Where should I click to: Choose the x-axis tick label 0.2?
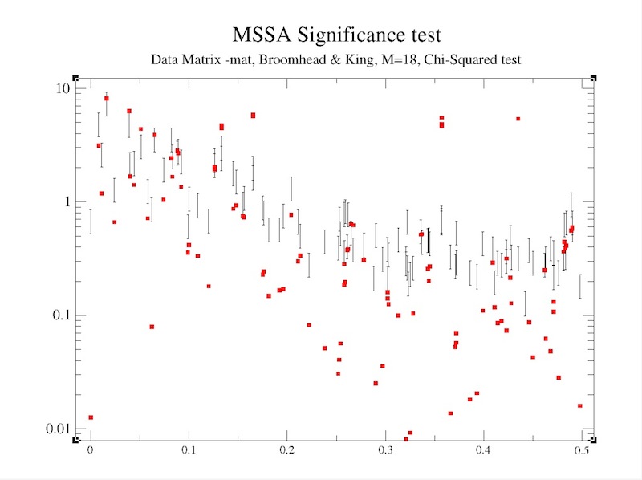[286, 451]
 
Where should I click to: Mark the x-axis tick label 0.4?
[483, 451]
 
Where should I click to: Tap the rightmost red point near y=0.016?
[579, 405]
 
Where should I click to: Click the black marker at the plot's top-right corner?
[593, 78]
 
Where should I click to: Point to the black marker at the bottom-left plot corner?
[75, 439]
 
